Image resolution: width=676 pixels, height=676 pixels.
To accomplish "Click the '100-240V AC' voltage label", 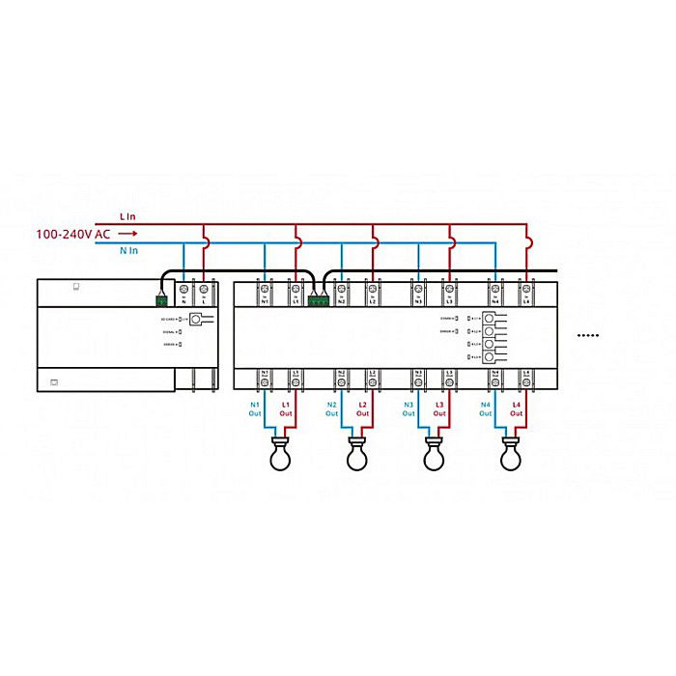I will pos(72,234).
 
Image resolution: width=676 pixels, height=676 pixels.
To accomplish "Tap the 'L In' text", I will pos(128,216).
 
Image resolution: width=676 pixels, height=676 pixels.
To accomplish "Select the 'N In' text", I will pos(128,250).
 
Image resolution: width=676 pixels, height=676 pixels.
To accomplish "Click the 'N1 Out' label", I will pos(256,408).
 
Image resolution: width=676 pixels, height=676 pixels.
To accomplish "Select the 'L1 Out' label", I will pos(286,408).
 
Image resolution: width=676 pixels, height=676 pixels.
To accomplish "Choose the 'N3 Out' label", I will pos(408,408).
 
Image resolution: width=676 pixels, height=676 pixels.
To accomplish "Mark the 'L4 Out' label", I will pos(517,408).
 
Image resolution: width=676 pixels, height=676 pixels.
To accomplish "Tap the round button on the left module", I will pos(198,320).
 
